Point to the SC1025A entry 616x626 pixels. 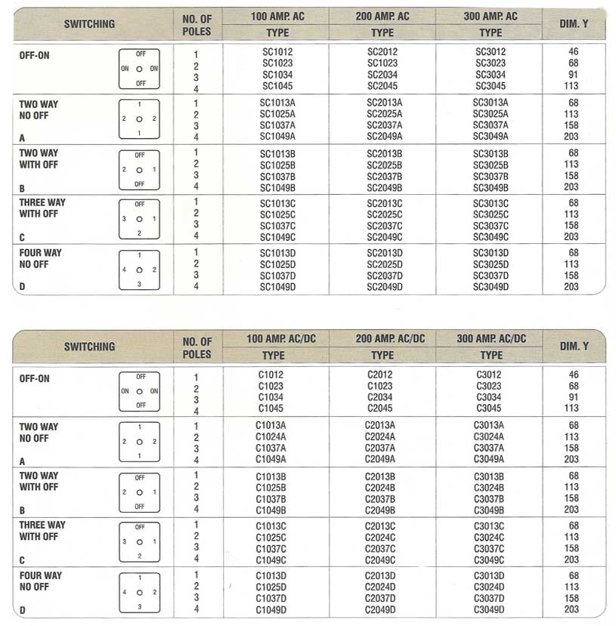(277, 113)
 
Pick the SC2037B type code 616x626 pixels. (385, 176)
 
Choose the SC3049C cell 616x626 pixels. (491, 237)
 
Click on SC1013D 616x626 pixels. (278, 253)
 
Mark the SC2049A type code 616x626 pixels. (385, 136)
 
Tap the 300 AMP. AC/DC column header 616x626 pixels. (491, 339)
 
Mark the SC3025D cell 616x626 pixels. (491, 264)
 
